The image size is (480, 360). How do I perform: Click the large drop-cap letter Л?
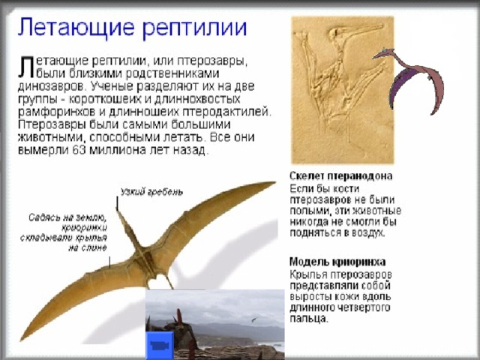(25, 67)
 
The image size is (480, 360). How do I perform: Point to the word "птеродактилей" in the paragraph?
(226, 112)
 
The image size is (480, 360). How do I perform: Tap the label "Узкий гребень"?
(151, 192)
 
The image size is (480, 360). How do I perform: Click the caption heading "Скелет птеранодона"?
(340, 176)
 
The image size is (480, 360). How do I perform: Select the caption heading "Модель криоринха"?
(337, 262)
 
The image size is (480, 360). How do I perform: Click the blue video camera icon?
(160, 346)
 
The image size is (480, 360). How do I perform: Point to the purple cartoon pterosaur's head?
(384, 53)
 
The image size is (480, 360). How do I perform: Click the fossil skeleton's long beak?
(361, 30)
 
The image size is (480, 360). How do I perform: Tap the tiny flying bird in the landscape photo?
(253, 319)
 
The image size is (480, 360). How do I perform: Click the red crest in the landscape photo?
(178, 316)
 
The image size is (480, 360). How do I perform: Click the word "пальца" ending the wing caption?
(308, 319)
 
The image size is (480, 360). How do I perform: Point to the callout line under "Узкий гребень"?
(117, 203)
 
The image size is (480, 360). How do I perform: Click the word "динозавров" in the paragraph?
(52, 87)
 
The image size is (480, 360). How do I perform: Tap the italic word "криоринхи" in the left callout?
(84, 228)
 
